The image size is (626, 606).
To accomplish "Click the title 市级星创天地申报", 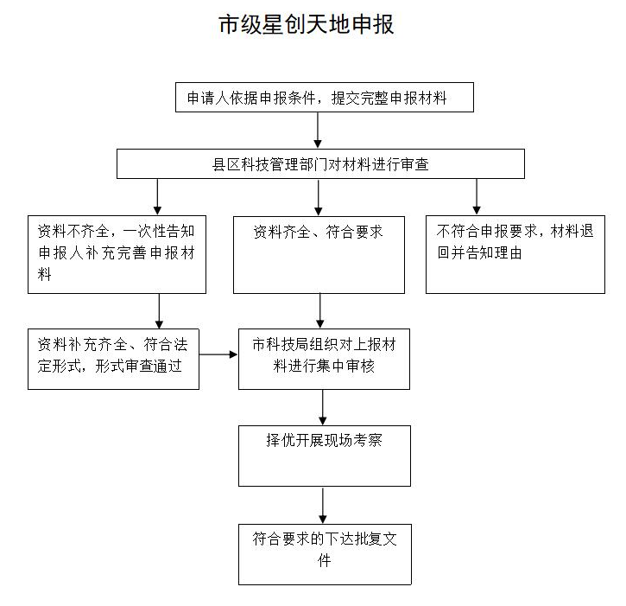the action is point(307,24).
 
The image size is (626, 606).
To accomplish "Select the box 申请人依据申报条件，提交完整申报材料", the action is point(325,98).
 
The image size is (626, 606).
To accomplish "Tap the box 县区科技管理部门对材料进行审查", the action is point(320,164).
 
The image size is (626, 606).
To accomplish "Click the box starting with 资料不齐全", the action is point(117,255).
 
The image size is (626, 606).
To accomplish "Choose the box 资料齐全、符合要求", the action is point(319,255).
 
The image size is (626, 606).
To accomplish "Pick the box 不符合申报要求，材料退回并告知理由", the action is point(515,255).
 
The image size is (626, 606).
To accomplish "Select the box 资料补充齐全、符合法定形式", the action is point(113,359).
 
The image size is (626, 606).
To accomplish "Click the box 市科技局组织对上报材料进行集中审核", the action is point(324,359).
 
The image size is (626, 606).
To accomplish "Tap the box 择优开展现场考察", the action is point(325,456).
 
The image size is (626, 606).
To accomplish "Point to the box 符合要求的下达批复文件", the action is point(325,554).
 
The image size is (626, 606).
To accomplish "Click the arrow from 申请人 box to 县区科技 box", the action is point(318,131).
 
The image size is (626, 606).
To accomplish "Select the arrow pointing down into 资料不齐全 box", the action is point(157,197).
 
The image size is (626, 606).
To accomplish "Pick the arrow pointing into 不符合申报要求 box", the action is point(477,197).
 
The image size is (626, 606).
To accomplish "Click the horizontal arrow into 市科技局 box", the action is point(218,354).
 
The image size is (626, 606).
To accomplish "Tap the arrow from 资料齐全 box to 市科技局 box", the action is point(319,311).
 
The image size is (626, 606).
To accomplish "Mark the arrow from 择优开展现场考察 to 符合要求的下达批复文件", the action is point(323,505).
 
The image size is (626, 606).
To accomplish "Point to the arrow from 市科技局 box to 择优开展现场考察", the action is point(323,407).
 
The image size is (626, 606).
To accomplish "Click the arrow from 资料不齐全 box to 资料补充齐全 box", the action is point(159,311).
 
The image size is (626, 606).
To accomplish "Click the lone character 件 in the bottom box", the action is point(324,560).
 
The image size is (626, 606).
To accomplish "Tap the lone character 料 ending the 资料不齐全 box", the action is point(44,274).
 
